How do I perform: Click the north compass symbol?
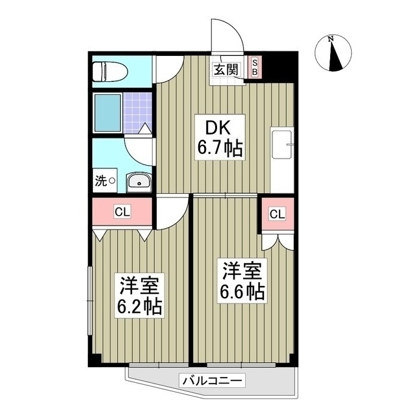(333, 53)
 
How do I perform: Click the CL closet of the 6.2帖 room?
(122, 211)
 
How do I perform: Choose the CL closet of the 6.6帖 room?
(276, 214)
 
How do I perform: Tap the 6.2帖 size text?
(140, 305)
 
